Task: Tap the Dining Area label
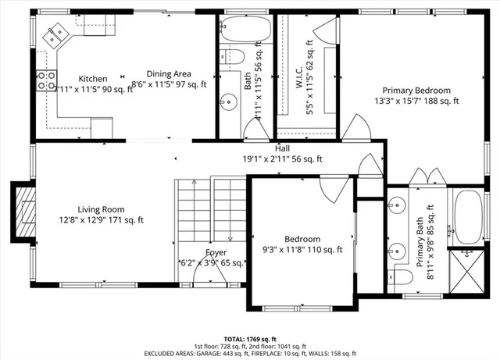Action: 171,73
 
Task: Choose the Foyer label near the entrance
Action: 216,252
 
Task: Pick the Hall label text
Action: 282,148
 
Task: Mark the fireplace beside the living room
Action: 24,211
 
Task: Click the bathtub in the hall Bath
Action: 245,30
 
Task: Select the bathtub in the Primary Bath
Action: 469,216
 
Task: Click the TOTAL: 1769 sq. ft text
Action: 249,330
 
